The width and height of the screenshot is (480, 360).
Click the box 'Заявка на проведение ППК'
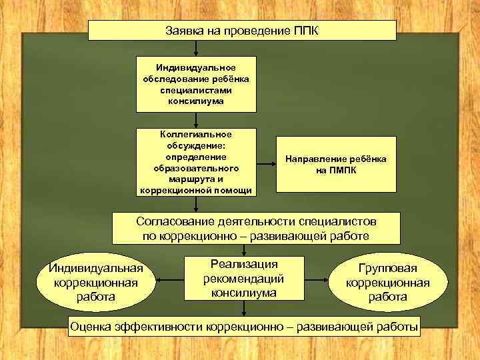click(242, 31)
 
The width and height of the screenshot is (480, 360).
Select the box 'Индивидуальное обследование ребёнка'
click(196, 84)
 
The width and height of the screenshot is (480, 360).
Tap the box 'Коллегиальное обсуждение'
click(196, 163)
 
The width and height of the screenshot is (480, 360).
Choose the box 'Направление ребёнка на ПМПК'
click(336, 164)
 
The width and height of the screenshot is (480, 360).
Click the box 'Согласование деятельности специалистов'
click(257, 228)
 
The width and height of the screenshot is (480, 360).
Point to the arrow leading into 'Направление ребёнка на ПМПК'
click(265, 164)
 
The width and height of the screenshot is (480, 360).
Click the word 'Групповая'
click(387, 268)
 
